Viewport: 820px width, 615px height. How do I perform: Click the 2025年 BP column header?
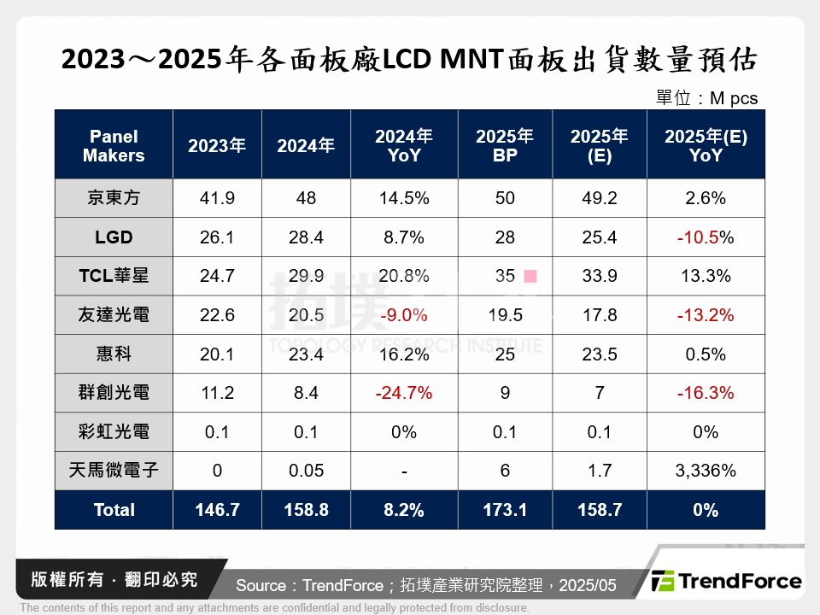(x=505, y=145)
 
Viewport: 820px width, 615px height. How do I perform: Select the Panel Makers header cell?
(x=114, y=145)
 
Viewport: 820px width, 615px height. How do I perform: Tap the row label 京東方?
(x=114, y=198)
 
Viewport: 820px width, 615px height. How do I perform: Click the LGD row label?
(x=114, y=237)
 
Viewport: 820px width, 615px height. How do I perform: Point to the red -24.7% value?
(x=404, y=393)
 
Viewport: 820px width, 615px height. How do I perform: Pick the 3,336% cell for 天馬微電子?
(x=706, y=471)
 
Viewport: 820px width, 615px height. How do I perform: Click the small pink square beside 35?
(x=530, y=276)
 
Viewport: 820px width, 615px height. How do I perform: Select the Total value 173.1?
(x=505, y=510)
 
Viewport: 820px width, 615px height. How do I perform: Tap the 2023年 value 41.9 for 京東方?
(x=217, y=198)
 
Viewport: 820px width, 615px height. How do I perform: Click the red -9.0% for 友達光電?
(x=404, y=315)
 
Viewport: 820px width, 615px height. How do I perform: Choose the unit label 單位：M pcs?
(x=706, y=98)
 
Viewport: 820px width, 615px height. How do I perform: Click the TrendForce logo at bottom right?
(x=727, y=582)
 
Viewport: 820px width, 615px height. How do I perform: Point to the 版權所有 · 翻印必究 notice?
(x=114, y=579)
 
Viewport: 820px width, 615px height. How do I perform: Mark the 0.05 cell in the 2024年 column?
(x=306, y=471)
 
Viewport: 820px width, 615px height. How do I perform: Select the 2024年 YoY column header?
(x=404, y=145)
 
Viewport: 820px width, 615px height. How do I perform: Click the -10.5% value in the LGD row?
(x=706, y=237)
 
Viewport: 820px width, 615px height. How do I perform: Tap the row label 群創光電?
(x=114, y=393)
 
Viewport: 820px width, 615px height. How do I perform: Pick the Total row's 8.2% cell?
(x=404, y=510)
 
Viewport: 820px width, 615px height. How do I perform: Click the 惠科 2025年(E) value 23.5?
(x=600, y=354)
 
